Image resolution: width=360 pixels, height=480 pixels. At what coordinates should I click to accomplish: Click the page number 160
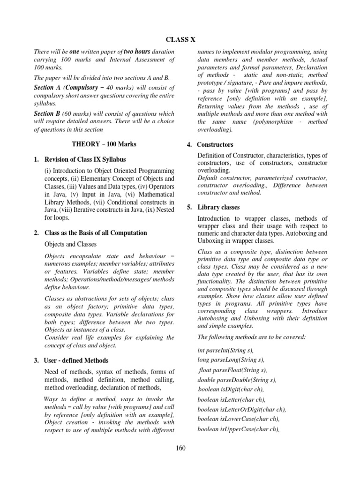(x=180, y=448)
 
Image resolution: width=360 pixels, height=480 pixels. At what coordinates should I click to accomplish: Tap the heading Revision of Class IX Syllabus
(x=84, y=160)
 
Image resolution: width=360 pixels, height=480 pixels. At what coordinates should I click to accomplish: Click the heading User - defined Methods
(x=76, y=360)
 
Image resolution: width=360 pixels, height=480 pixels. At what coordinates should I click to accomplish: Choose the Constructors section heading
(x=215, y=145)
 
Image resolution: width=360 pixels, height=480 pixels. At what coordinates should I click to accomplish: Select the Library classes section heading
(x=218, y=207)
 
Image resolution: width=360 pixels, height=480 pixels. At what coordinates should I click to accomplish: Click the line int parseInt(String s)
(x=226, y=350)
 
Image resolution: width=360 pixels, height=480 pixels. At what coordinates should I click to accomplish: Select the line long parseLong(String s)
(x=231, y=360)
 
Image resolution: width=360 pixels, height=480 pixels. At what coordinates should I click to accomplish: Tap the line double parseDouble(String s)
(x=237, y=380)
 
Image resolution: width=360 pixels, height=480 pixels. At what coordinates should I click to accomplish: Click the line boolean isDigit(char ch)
(x=231, y=389)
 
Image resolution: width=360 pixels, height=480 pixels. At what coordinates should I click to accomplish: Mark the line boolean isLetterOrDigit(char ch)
(x=241, y=409)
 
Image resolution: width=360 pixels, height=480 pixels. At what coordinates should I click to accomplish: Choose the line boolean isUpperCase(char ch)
(x=239, y=428)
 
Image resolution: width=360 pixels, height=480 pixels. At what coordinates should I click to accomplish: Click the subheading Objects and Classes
(x=70, y=244)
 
